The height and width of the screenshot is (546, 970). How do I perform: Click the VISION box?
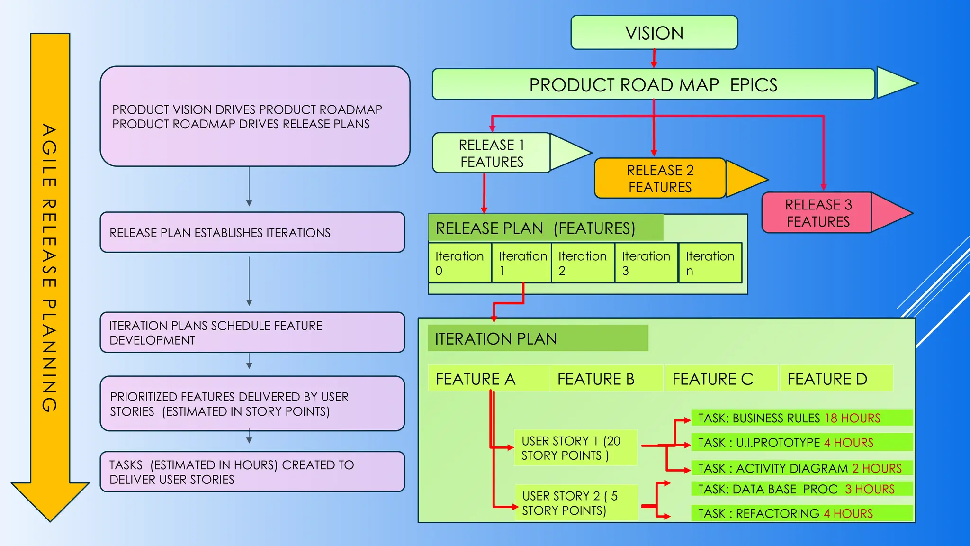click(x=654, y=33)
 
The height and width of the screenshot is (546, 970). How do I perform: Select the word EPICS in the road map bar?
click(x=754, y=85)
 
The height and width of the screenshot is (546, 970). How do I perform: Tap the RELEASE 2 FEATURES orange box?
click(x=660, y=178)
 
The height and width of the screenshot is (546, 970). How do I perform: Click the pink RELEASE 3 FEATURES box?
click(x=817, y=213)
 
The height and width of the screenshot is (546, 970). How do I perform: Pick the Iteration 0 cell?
click(x=459, y=263)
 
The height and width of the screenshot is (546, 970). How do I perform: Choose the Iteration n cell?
click(x=710, y=263)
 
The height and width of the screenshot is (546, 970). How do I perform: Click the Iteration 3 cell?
click(x=646, y=263)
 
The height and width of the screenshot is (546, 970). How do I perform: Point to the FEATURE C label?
click(x=712, y=379)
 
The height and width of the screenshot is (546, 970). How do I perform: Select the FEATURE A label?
click(x=476, y=379)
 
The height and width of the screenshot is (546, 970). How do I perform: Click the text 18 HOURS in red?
click(x=853, y=418)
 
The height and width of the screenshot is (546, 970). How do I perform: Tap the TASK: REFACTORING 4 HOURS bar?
click(x=800, y=513)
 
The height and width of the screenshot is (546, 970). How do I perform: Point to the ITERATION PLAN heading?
click(x=496, y=339)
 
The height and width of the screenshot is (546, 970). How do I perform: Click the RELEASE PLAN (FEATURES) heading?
click(x=535, y=228)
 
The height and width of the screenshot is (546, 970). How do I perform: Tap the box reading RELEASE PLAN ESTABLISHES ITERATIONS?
click(x=252, y=232)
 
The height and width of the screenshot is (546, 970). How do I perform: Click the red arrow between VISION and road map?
click(x=654, y=59)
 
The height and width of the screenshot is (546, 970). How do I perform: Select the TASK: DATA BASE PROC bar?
click(x=800, y=489)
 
